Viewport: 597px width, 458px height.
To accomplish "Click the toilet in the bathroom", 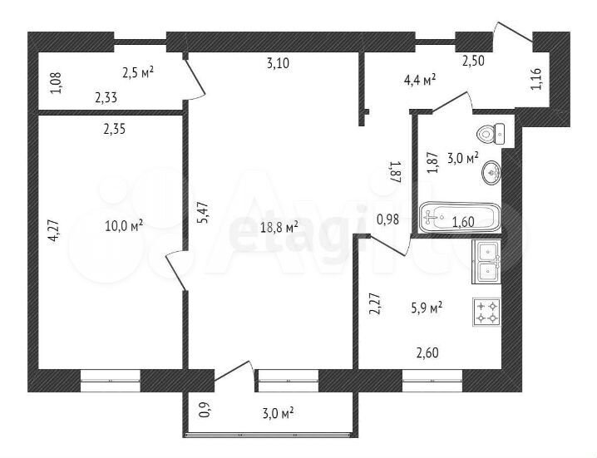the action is (x=491, y=134).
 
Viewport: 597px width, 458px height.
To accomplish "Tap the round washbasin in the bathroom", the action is (x=491, y=173).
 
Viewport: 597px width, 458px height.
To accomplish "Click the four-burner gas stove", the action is (x=487, y=312).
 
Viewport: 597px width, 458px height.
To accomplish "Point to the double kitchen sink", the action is (x=486, y=262).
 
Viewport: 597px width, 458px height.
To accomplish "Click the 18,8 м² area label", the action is (x=279, y=228).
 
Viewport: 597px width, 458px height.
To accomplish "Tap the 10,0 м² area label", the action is (x=124, y=226).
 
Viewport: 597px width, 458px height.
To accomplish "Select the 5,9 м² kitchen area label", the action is (x=427, y=308).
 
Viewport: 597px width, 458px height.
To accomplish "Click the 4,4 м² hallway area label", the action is (x=420, y=81).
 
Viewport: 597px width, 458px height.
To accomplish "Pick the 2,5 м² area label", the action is (x=138, y=72).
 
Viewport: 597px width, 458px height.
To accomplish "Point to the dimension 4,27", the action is (x=53, y=230).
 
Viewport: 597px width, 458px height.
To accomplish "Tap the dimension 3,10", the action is (x=278, y=63).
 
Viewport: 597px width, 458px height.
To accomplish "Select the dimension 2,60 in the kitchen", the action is (x=427, y=352).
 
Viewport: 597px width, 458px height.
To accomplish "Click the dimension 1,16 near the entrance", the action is (x=536, y=79).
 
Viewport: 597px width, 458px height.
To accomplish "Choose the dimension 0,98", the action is (x=387, y=219).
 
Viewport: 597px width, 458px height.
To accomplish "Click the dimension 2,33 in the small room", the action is (x=106, y=98).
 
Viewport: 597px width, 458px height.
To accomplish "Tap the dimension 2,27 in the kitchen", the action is (x=374, y=303).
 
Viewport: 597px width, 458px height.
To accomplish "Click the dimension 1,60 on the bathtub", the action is (x=463, y=222).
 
